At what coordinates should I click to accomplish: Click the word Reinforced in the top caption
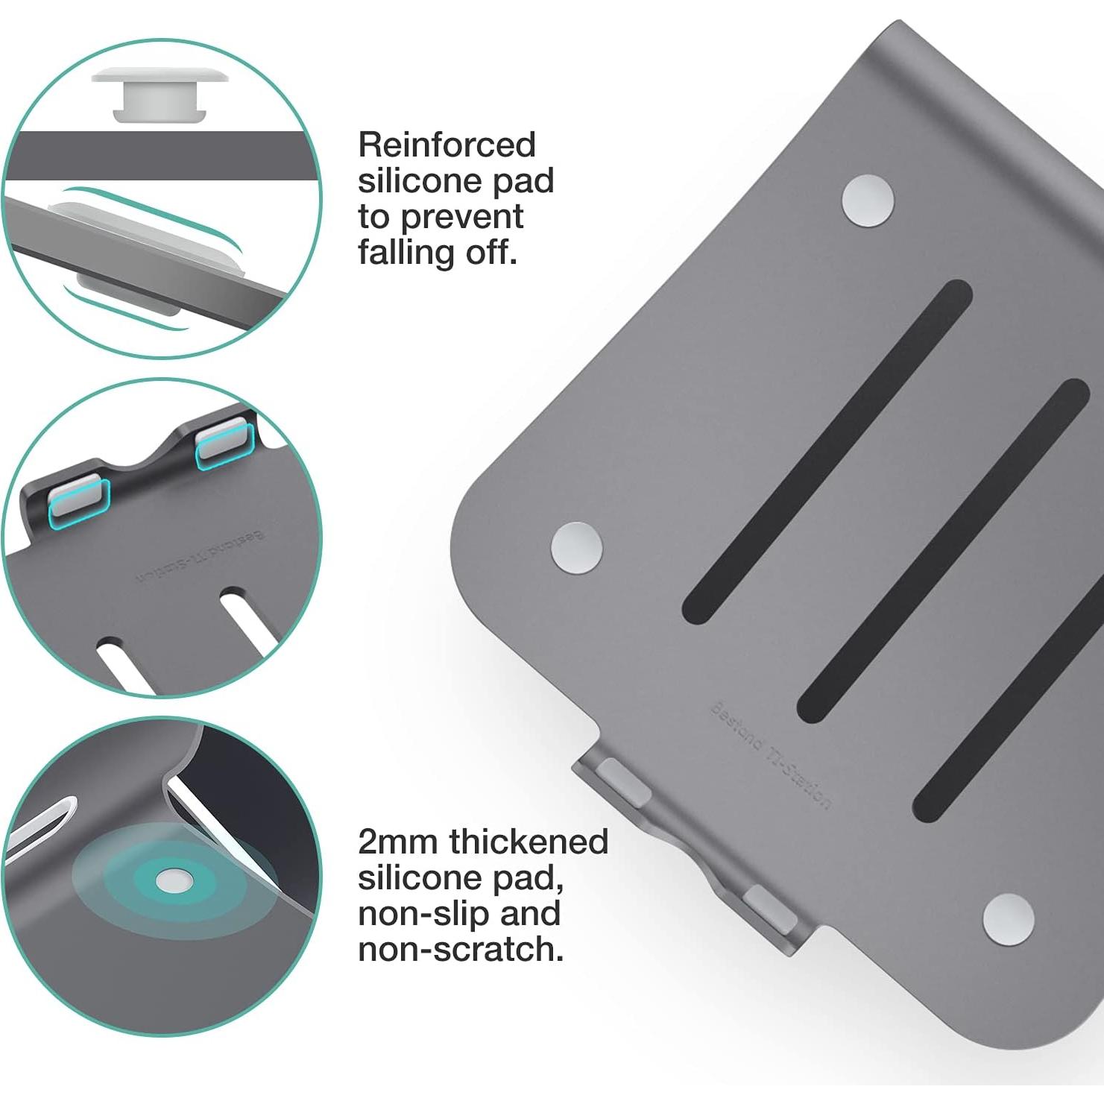(447, 145)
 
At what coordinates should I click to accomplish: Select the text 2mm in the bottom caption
(397, 842)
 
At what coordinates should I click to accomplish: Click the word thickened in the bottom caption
(529, 842)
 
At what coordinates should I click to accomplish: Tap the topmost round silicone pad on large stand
(868, 200)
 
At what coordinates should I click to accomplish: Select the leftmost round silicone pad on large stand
(576, 548)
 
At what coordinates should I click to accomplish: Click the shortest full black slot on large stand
(827, 452)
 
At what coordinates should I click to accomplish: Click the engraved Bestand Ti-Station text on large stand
(770, 755)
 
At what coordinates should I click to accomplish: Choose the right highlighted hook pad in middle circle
(224, 443)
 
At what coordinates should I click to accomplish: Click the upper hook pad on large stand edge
(622, 780)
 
